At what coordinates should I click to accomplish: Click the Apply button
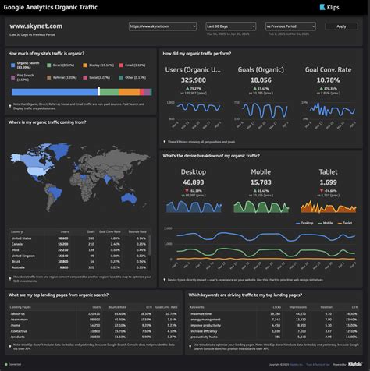(340, 26)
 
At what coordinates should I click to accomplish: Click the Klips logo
(329, 7)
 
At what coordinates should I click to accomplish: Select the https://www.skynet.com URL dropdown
(162, 26)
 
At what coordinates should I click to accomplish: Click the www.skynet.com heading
(36, 26)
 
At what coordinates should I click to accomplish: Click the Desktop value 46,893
(193, 182)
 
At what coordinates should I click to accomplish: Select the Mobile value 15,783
(261, 182)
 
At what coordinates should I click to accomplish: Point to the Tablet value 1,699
(329, 182)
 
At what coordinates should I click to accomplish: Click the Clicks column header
(276, 307)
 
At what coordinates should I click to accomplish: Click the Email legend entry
(130, 65)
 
